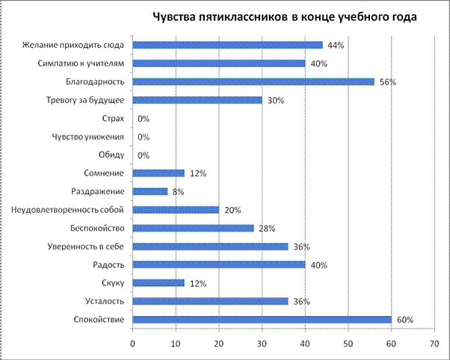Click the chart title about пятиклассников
285,16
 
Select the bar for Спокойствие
262,320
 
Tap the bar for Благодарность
253,81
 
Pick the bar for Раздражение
150,191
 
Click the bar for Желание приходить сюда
227,45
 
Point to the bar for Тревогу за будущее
197,100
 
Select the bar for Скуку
158,283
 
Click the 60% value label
405,320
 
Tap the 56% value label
387,82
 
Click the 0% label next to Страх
144,119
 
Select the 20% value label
232,210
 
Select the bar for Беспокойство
193,228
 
